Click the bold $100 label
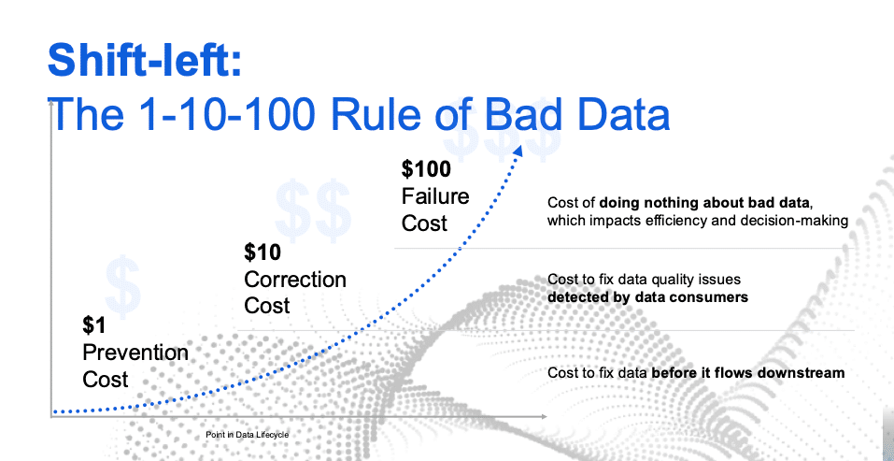pos(427,169)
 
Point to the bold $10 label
pos(263,252)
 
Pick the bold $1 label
pos(95,325)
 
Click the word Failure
pos(435,196)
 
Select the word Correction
pos(295,280)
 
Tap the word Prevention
pos(135,353)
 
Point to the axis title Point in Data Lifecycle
pos(247,436)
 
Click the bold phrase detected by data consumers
pos(647,297)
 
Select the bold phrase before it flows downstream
pos(747,373)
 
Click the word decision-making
pos(802,221)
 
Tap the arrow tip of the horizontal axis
pos(546,417)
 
